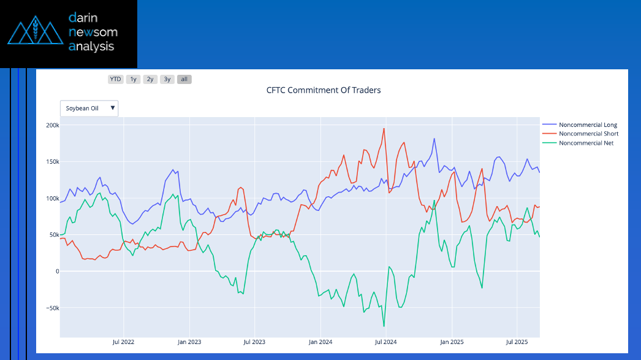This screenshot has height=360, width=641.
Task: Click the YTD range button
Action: [115, 79]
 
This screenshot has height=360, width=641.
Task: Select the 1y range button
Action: [133, 79]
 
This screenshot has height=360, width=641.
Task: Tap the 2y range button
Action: [150, 79]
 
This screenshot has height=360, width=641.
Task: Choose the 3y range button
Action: [167, 79]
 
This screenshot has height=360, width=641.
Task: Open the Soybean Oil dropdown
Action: [89, 109]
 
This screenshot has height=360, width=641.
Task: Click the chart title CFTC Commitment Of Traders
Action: [324, 90]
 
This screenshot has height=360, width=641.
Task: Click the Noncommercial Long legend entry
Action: [588, 125]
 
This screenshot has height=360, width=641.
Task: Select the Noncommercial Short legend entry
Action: [588, 134]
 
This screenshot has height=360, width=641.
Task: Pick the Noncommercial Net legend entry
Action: [586, 143]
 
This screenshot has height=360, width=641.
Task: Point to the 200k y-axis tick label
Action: [53, 125]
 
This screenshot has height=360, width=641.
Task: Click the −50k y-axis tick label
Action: [51, 308]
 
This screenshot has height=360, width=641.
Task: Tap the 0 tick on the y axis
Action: [56, 271]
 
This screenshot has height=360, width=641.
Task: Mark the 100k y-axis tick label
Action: [53, 198]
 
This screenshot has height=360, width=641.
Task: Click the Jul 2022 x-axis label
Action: [124, 342]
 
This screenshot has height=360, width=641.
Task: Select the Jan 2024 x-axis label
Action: [320, 342]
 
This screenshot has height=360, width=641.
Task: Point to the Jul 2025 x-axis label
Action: [516, 342]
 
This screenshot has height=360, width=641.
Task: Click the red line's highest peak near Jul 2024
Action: [384, 129]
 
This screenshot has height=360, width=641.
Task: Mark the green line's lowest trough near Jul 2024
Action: [384, 326]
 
